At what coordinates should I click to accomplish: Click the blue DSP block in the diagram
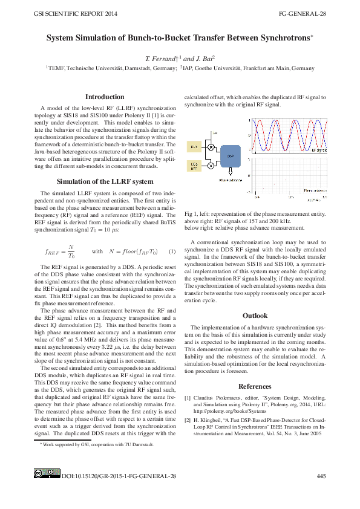point(230,155)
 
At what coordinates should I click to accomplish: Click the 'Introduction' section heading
point(105,97)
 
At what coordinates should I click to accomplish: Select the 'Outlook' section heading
point(255,316)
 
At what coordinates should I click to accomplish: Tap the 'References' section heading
point(255,386)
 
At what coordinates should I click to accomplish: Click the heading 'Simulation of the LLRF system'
point(105,181)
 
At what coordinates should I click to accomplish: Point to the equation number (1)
point(172,251)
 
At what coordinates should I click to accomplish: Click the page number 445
point(321,476)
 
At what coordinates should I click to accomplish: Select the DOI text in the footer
point(119,476)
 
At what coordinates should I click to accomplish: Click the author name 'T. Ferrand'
point(159,59)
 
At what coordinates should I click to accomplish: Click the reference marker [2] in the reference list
point(188,420)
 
